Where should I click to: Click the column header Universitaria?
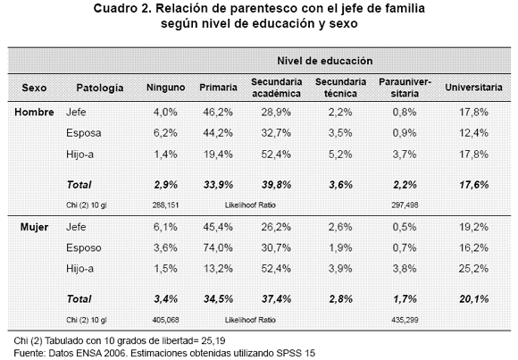(473, 88)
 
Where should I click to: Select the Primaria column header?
(218, 88)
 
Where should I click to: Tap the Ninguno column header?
(165, 88)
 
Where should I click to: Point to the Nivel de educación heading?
(325, 61)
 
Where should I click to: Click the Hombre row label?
(34, 112)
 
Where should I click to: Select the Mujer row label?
(34, 227)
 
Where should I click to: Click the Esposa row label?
(84, 133)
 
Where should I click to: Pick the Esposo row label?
(84, 248)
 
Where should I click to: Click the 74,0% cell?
(218, 247)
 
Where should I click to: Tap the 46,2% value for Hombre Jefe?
(218, 112)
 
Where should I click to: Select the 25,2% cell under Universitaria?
(473, 268)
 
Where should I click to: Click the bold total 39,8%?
(277, 184)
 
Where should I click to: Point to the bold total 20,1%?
(473, 299)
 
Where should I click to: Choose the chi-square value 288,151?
(165, 205)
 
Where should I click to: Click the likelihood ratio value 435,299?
(405, 320)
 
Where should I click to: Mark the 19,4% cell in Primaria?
(218, 154)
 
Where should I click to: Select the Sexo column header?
(34, 88)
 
